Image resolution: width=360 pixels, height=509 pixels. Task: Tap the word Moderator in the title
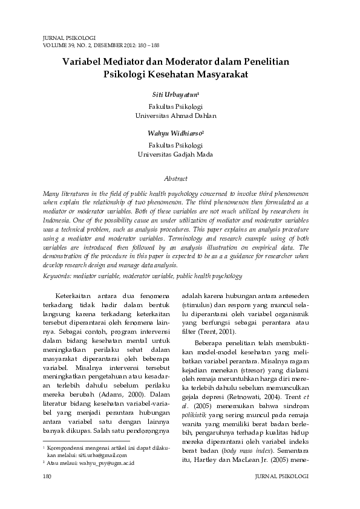205,61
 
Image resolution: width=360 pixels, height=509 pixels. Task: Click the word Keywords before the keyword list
59,276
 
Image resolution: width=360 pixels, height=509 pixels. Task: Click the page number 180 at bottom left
48,477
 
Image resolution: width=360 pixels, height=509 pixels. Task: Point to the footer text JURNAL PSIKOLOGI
283,477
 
